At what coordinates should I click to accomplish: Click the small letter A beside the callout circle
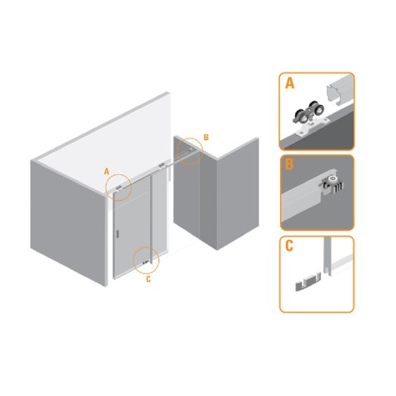[x=107, y=172]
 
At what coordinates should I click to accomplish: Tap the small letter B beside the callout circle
[x=206, y=138]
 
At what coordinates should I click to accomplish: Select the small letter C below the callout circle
[x=148, y=279]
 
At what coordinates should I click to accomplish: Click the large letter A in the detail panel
[x=289, y=83]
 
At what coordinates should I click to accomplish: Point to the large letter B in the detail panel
[x=289, y=164]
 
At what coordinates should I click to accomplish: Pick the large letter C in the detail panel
[x=289, y=246]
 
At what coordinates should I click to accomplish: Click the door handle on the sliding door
[x=118, y=233]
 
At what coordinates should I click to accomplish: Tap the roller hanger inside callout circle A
[x=118, y=188]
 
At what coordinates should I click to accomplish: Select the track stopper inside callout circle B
[x=190, y=150]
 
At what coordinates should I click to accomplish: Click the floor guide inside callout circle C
[x=145, y=262]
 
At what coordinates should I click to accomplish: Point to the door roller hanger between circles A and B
[x=162, y=166]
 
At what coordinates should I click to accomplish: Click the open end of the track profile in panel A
[x=333, y=96]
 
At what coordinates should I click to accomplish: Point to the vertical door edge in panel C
[x=328, y=256]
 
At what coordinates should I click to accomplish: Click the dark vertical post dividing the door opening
[x=151, y=219]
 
